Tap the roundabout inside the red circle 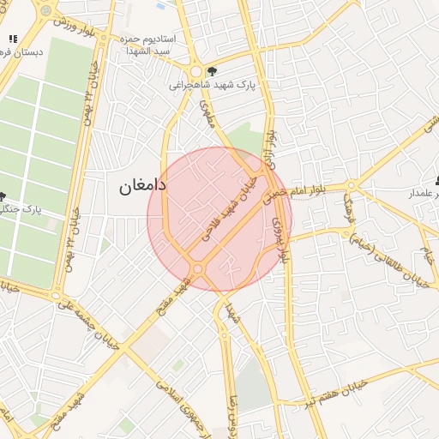pos(199,269)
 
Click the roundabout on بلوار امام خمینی pos(351,186)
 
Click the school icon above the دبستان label pos(13,39)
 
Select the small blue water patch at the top pos(160,6)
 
